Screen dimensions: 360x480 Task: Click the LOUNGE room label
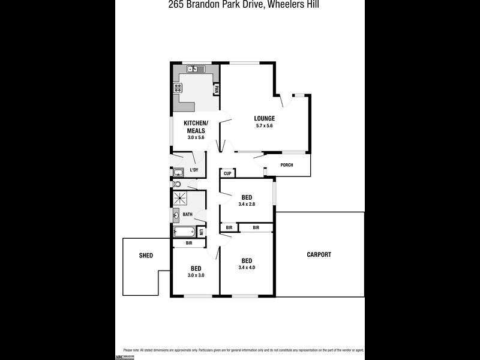tap(264, 118)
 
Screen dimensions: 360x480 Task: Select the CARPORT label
tap(319, 254)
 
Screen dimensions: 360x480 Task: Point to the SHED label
tap(146, 256)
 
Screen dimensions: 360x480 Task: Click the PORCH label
tap(287, 165)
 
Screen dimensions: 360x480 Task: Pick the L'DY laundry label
tap(194, 170)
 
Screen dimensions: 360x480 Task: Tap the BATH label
tap(188, 214)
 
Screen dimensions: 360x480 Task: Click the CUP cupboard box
tap(227, 173)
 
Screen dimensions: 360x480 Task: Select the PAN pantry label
tap(216, 89)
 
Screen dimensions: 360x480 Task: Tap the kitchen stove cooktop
tap(178, 88)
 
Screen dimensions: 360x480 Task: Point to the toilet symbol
tap(177, 185)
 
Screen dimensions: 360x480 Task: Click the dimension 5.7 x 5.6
tap(264, 126)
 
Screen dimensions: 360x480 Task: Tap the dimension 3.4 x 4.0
tap(247, 268)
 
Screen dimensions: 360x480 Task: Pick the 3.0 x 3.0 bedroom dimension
tap(196, 275)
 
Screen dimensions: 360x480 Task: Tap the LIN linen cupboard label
tap(202, 232)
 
